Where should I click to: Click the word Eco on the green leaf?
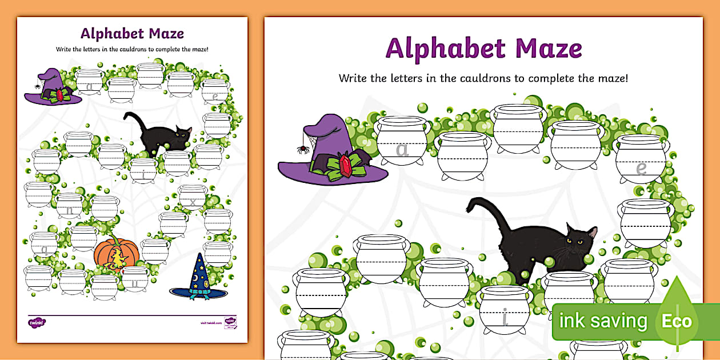[677, 321]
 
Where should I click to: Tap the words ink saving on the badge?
[603, 321]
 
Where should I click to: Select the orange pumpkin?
[117, 253]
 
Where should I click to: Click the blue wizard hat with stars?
[198, 278]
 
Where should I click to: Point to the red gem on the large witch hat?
[346, 165]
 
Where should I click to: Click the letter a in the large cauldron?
[403, 150]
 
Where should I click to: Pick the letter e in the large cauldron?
[642, 168]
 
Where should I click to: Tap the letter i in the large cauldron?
[505, 317]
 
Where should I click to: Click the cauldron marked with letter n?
[70, 207]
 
